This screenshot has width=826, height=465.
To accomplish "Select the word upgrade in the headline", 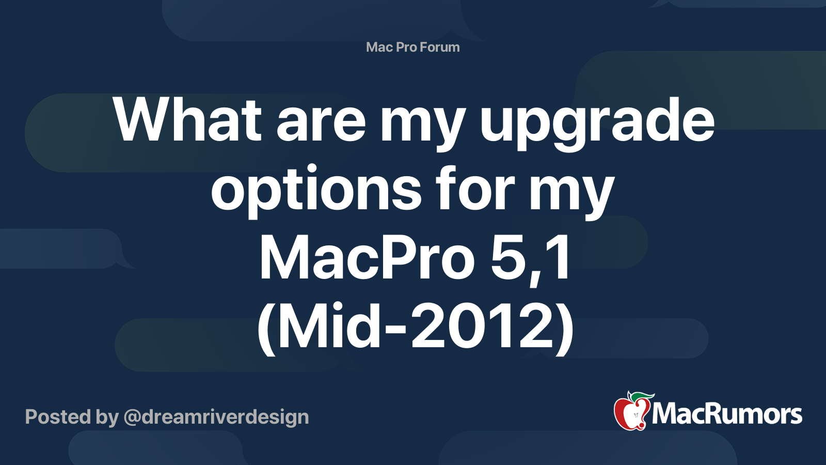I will (x=597, y=124).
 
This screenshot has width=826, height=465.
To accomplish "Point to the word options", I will (x=316, y=191).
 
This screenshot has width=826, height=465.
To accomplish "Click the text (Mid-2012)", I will (x=415, y=327).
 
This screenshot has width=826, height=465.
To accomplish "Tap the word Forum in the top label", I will (x=439, y=47).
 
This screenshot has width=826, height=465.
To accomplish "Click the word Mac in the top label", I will (x=379, y=47).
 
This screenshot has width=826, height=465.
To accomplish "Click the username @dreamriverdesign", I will (x=216, y=417).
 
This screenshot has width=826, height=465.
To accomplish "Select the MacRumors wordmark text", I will (x=727, y=414).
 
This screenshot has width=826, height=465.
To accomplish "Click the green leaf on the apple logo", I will (x=642, y=396).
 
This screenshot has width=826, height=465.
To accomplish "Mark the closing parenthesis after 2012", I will (x=565, y=328).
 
